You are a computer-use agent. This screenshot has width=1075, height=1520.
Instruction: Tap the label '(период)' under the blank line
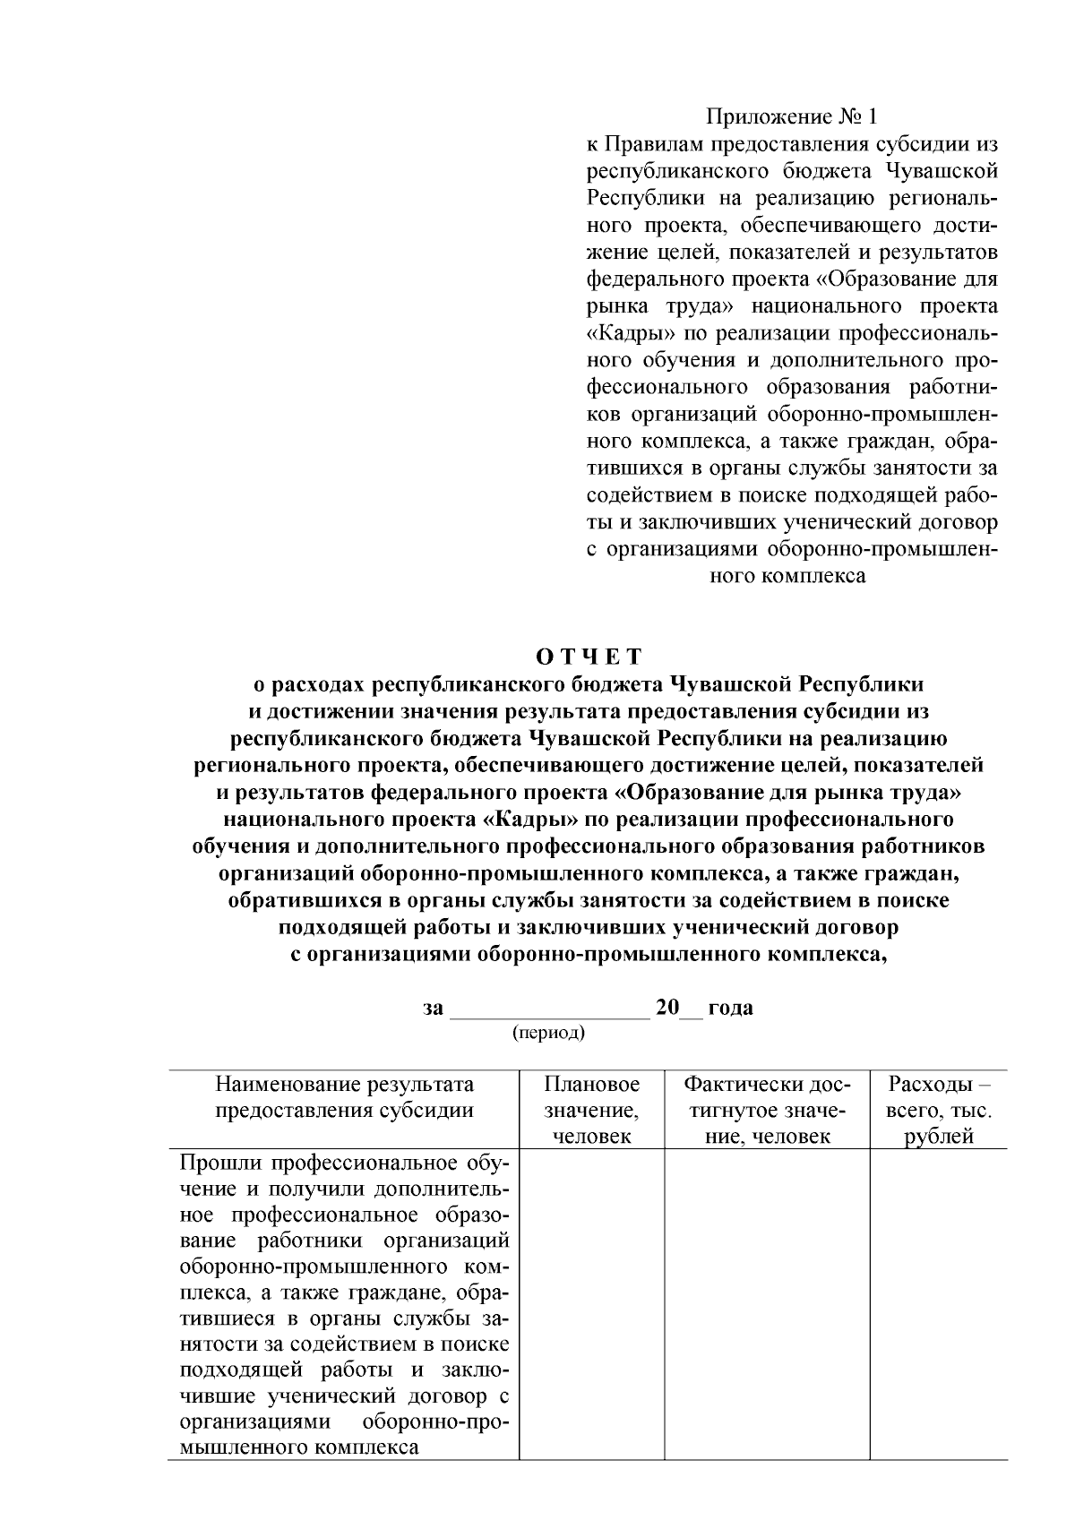tap(548, 1033)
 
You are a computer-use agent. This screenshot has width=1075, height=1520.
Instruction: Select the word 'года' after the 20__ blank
tap(730, 1008)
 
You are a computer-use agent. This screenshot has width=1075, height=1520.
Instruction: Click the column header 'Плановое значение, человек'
tap(592, 1110)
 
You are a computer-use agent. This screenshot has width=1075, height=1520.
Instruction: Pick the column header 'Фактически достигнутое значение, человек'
tap(766, 1110)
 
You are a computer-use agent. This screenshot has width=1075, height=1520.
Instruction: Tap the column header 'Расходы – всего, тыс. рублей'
tap(939, 1110)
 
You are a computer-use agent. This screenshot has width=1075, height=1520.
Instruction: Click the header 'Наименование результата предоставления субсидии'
tap(344, 1097)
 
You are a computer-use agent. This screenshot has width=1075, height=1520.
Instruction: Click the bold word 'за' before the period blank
tap(433, 1008)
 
